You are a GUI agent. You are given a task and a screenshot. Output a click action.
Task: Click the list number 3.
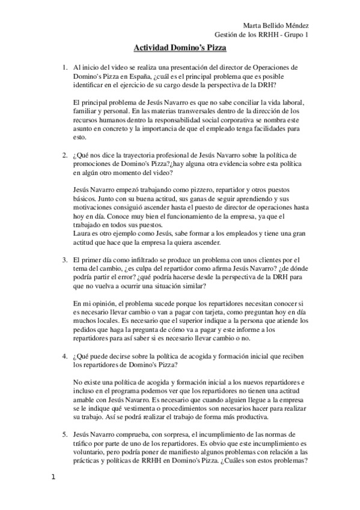[65, 260]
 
